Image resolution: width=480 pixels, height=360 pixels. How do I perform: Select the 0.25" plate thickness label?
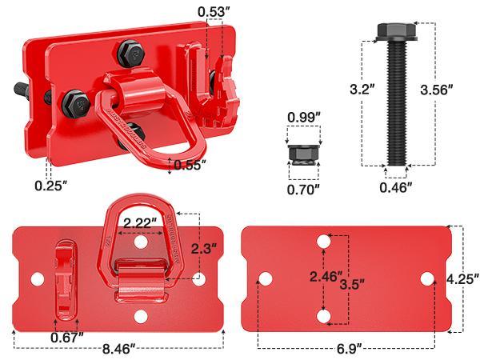click(x=51, y=186)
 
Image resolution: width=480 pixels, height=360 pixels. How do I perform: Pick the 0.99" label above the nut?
click(x=304, y=117)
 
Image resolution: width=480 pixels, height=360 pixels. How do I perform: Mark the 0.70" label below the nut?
click(x=304, y=190)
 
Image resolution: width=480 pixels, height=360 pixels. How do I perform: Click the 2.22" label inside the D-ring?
click(x=138, y=222)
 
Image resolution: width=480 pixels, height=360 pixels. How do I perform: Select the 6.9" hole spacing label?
click(x=349, y=348)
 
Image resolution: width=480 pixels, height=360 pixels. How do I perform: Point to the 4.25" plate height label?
click(x=462, y=279)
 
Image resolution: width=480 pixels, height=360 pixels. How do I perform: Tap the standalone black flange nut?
click(x=304, y=153)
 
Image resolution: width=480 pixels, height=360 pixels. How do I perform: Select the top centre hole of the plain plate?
click(x=323, y=241)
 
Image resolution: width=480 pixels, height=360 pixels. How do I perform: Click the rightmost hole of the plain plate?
click(x=428, y=279)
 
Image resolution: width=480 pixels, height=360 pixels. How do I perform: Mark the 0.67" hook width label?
click(x=68, y=337)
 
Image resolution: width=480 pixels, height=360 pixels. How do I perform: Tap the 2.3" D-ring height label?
click(x=203, y=248)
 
